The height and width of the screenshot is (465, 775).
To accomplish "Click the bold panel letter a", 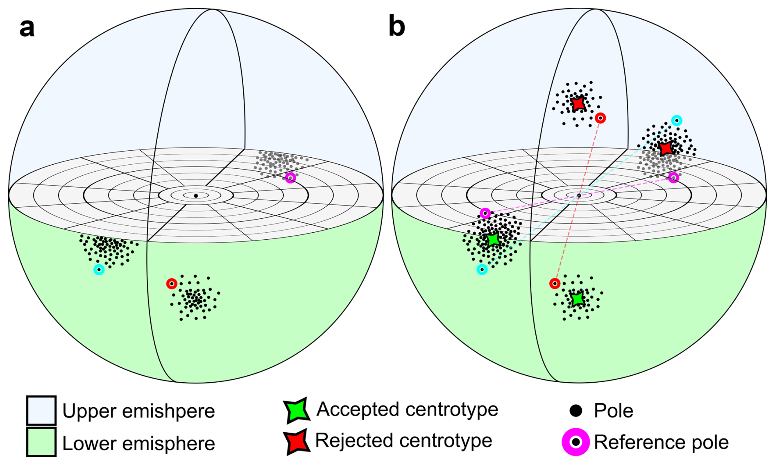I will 27,28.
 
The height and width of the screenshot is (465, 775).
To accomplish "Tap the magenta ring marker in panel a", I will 290,178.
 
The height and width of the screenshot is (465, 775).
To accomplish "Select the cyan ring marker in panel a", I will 99,270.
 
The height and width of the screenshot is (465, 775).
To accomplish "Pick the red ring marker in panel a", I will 172,284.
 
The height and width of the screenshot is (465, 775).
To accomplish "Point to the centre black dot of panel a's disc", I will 196,196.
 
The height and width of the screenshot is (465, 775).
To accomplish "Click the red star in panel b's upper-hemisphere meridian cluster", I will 578,103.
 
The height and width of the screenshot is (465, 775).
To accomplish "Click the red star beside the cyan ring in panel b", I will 666,148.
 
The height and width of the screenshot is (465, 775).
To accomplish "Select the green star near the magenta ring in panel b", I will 493,240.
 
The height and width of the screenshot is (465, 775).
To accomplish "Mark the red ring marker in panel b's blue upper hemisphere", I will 601,118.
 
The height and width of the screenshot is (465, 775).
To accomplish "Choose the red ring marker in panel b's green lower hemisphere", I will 555,284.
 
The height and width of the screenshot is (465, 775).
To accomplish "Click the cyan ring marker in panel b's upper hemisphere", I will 677,120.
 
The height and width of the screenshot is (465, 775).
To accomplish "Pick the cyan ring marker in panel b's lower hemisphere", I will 482,270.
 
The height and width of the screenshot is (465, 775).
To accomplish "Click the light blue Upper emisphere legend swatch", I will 41,410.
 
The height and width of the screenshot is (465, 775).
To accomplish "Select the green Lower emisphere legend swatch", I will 41,442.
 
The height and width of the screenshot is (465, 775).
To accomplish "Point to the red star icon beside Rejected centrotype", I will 297,442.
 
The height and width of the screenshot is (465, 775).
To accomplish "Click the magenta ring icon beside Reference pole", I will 576,442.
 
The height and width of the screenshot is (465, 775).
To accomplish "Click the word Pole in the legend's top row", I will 614,411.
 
